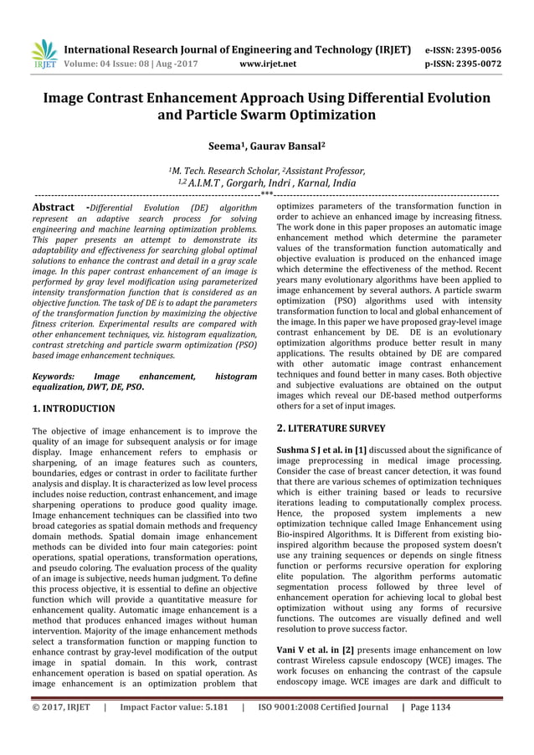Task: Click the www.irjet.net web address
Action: tap(264, 62)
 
